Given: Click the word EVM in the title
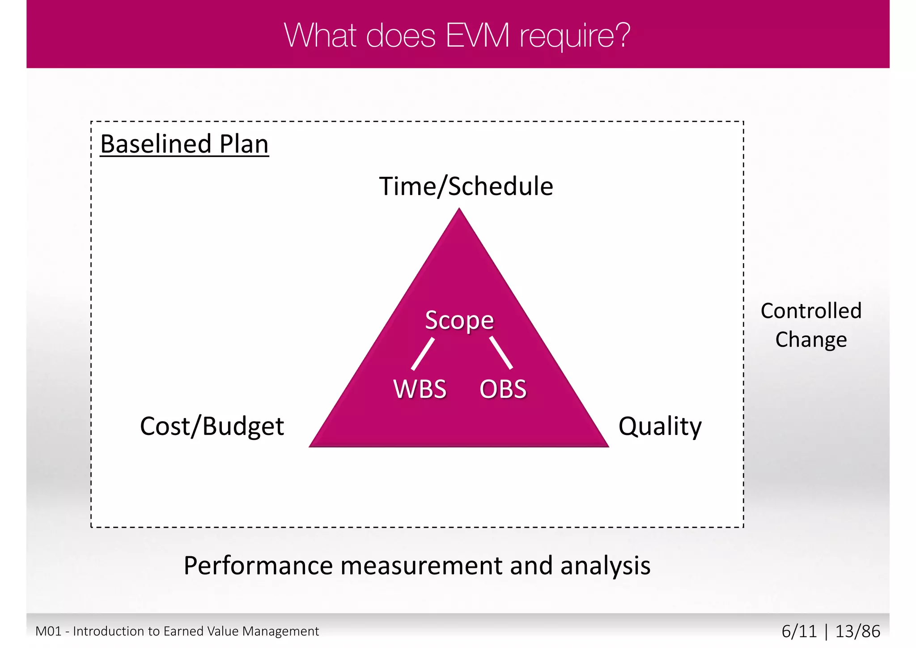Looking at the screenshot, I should point(477,35).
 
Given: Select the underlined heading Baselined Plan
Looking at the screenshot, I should point(184,144).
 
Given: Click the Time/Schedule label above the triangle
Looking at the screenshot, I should point(466,186).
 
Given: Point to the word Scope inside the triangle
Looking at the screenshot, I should point(459,320).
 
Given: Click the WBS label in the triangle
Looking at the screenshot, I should point(420,389).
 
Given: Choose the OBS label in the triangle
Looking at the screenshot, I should point(503,389).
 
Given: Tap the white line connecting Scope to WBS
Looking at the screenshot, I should point(423,354).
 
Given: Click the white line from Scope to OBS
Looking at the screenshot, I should point(501,353).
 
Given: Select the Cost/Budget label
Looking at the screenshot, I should point(212,426).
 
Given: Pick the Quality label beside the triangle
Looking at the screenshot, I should point(660,426).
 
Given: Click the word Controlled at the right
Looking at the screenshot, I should point(811,311).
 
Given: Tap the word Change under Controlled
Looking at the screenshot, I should point(811,339).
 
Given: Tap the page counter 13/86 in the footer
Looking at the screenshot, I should point(857,631).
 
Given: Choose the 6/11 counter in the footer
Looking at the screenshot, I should point(799,631).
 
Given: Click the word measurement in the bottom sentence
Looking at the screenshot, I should point(422,566).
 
